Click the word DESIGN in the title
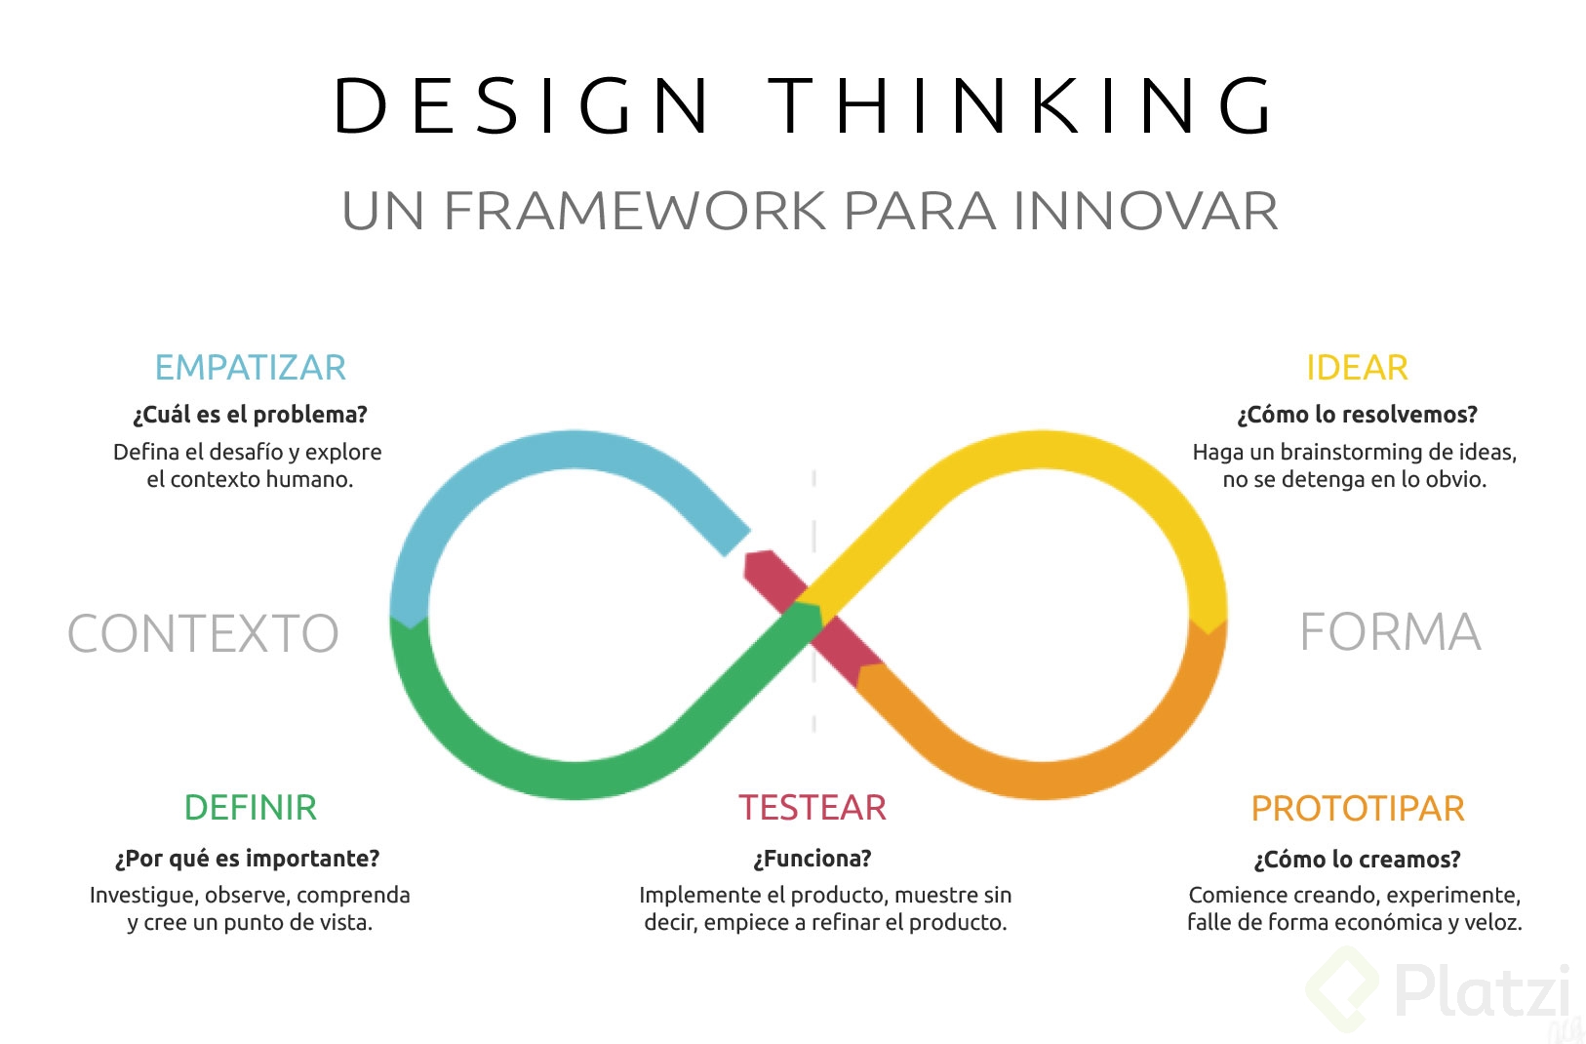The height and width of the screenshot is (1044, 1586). (521, 104)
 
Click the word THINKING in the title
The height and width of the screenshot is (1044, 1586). (1020, 104)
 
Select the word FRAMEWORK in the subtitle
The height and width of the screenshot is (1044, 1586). (634, 211)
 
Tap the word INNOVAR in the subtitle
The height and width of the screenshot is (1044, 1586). (1146, 211)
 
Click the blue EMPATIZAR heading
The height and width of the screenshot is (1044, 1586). (250, 368)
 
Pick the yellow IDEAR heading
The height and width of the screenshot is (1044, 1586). (1357, 368)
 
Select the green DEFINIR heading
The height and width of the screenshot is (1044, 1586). (250, 808)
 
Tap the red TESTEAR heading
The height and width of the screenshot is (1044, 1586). (813, 808)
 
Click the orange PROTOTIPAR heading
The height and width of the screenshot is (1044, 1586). (1358, 808)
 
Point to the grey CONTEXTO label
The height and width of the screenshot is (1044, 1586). (203, 632)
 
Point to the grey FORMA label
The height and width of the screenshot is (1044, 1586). (1390, 631)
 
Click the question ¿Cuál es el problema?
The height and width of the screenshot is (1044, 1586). (250, 415)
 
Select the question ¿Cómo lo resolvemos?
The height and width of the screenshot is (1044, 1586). (1357, 415)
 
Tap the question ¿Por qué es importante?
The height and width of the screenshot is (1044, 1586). (247, 859)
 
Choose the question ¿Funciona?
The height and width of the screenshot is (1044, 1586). (813, 859)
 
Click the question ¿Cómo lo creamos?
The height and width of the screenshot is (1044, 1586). (1357, 860)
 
